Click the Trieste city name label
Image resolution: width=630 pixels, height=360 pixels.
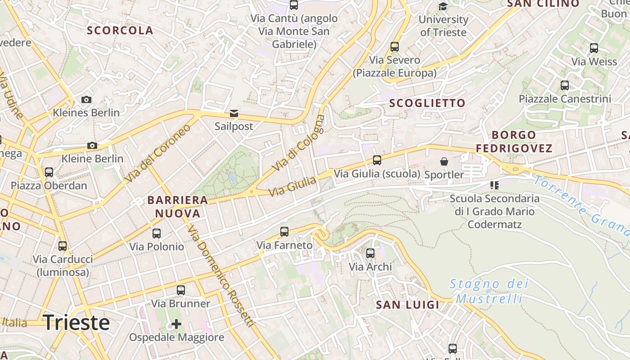76,323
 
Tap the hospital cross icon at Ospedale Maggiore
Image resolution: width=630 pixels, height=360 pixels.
176,324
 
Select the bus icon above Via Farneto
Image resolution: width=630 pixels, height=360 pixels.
284,232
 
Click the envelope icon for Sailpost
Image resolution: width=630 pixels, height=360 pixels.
234,113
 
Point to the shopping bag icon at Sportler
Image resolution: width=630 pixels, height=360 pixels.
444,161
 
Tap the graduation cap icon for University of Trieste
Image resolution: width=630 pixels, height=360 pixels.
443,6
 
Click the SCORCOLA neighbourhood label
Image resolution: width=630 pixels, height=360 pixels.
120,31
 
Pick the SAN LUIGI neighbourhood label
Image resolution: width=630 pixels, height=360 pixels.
407,305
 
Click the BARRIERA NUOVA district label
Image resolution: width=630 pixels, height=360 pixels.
178,207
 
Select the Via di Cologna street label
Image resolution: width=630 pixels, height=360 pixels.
298,143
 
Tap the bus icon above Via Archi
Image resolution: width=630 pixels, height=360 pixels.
370,253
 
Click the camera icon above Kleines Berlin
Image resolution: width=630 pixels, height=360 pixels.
86,99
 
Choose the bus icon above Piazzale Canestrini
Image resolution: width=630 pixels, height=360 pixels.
565,85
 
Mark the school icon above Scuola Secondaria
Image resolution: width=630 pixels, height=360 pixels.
495,185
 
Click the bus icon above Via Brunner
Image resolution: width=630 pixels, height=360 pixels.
181,290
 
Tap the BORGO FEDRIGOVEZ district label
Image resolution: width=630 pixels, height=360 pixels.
514,141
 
